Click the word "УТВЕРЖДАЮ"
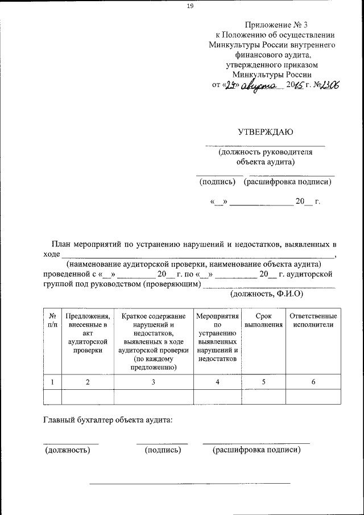pos(265,133)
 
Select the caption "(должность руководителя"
pos(266,152)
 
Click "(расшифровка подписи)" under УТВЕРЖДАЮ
pos(287,182)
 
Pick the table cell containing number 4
pos(217,382)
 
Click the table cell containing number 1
pos(52,382)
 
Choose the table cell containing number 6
pos(313,382)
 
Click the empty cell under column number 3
pos(154,396)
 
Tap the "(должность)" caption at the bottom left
pos(68,450)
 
